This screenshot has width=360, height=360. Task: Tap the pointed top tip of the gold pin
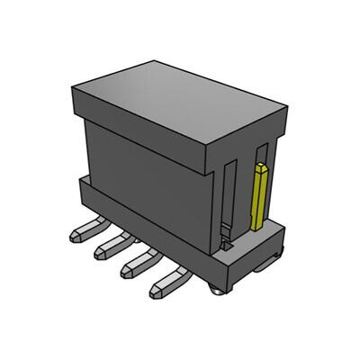[x=262, y=165]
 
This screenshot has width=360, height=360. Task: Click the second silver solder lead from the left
[x=108, y=253]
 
